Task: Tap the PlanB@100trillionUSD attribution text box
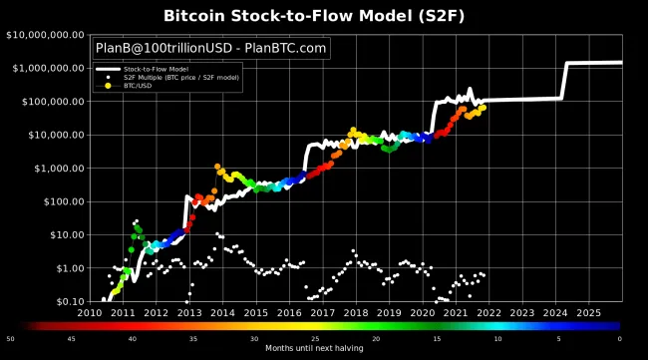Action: (x=209, y=48)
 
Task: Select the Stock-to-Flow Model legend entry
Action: (x=163, y=69)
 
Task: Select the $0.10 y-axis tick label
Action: (x=66, y=301)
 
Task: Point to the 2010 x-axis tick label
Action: (x=90, y=312)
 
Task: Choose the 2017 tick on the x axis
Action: (x=322, y=312)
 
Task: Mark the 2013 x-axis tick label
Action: (x=189, y=312)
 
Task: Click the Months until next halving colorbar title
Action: (x=315, y=348)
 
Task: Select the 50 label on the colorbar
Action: (x=10, y=338)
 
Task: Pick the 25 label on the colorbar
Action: (x=315, y=338)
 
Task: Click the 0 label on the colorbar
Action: (x=619, y=338)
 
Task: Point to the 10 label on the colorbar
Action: (x=497, y=338)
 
